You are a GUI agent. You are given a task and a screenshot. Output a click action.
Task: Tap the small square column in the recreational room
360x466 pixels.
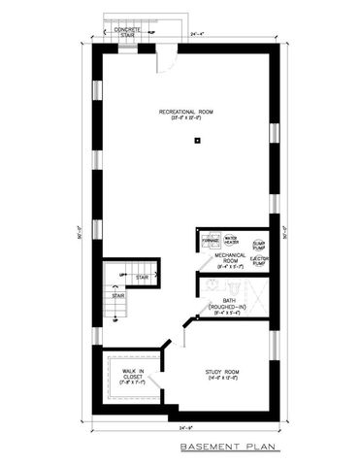pos(197,141)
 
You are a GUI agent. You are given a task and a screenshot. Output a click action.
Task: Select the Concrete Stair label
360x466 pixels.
pos(127,32)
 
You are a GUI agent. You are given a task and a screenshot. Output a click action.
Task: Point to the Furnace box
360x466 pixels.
pos(207,239)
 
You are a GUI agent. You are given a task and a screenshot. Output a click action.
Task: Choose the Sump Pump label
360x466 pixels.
pos(259,245)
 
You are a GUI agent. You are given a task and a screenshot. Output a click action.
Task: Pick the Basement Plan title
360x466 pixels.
pos(230,447)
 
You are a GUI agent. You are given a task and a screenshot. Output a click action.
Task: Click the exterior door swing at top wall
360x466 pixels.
pos(166,55)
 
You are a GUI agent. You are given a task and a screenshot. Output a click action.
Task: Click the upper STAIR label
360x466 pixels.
pos(142,277)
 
